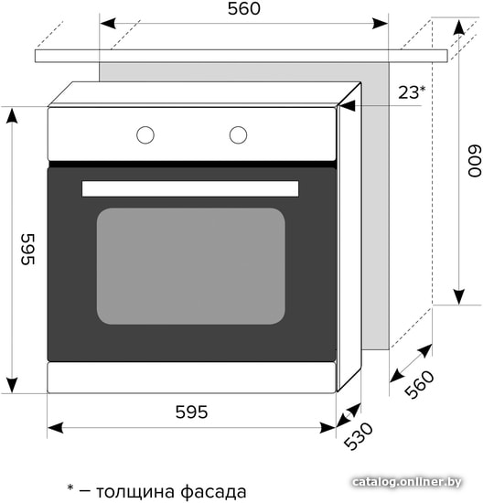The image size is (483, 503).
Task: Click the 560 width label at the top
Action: click(x=244, y=8)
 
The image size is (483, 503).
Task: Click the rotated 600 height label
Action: click(x=475, y=161)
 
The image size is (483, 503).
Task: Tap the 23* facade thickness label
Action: click(x=412, y=92)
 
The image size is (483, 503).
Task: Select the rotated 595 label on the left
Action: click(x=27, y=250)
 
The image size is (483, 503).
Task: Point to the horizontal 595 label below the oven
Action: click(x=191, y=412)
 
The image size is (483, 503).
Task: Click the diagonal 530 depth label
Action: click(x=359, y=436)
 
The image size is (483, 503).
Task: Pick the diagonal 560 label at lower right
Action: click(x=419, y=384)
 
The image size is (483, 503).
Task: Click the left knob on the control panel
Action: click(x=145, y=134)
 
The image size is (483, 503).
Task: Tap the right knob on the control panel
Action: click(x=238, y=134)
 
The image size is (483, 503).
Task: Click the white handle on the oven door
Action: click(x=190, y=188)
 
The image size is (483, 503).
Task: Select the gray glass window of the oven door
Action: click(x=191, y=266)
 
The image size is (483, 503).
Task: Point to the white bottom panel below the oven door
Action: click(x=191, y=377)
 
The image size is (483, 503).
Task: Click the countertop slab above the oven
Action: click(x=241, y=56)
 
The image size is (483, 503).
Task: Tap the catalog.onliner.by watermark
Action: click(x=407, y=482)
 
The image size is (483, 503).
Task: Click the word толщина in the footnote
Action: click(x=135, y=492)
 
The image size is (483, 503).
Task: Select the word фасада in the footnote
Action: click(x=213, y=492)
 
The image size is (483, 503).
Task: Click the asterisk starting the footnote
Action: click(x=70, y=488)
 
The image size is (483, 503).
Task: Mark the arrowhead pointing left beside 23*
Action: click(x=348, y=105)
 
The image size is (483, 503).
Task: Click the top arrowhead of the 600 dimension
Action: click(x=459, y=27)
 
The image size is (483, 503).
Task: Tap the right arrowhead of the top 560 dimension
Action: click(x=380, y=24)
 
